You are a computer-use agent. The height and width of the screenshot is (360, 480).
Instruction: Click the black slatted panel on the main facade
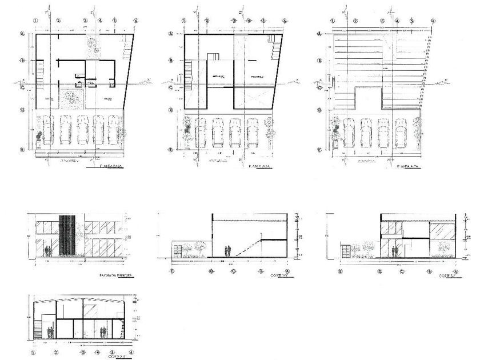pyautogui.click(x=67, y=235)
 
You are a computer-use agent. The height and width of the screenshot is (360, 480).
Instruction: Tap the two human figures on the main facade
pyautogui.click(x=50, y=250)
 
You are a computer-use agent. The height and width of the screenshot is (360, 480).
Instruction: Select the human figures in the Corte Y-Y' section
pyautogui.click(x=228, y=251)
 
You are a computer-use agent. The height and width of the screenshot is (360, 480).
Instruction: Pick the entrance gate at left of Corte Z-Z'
pyautogui.click(x=345, y=251)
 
